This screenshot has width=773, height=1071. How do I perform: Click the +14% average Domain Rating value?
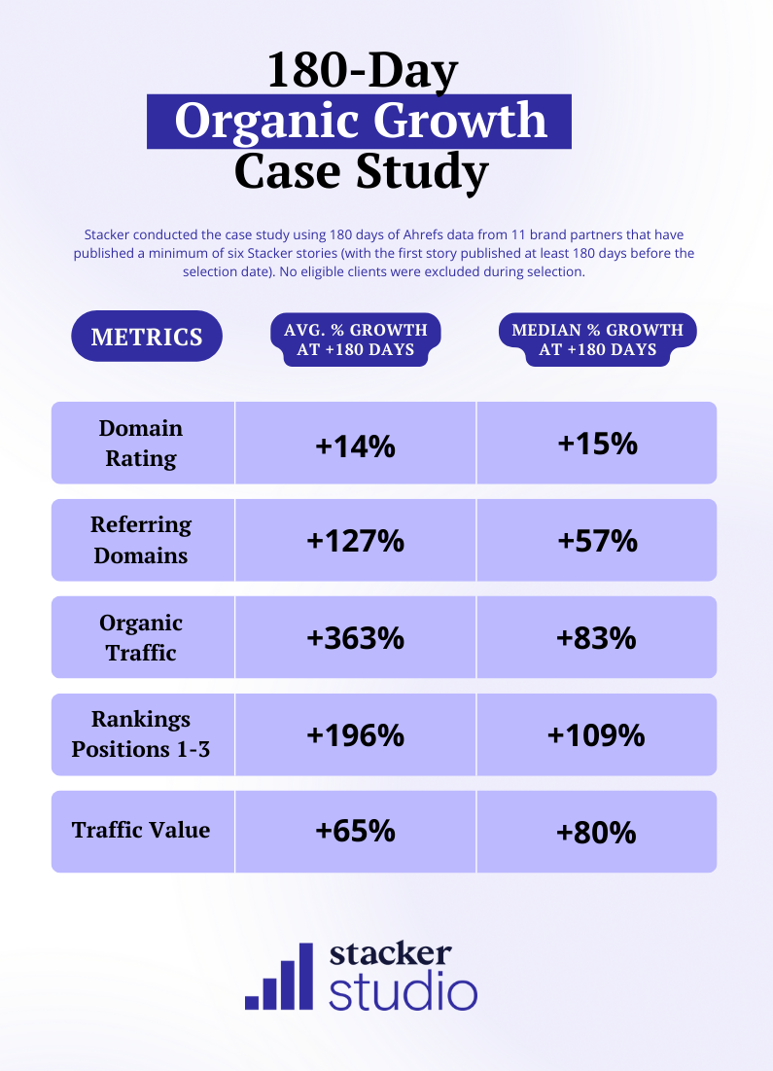355,446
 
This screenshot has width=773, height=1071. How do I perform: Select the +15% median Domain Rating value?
597,444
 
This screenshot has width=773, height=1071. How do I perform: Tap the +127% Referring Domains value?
355,541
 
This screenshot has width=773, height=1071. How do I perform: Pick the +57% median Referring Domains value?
597,540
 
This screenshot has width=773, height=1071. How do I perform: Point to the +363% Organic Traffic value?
355,638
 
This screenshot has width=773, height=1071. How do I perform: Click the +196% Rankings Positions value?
355,735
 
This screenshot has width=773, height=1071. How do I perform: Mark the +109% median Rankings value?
597,734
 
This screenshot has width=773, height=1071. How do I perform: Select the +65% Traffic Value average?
355,832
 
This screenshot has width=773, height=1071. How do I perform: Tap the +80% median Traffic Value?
597,832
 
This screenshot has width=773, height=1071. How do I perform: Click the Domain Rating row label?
141,444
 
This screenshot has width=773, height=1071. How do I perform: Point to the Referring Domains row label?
141,540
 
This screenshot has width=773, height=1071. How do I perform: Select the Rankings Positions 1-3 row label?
141,734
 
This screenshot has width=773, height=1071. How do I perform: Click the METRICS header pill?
147,338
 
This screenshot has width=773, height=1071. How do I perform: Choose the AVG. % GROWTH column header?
355,339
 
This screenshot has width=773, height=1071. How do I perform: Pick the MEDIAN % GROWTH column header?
597,339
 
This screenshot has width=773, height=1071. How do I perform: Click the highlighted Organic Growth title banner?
360,122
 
